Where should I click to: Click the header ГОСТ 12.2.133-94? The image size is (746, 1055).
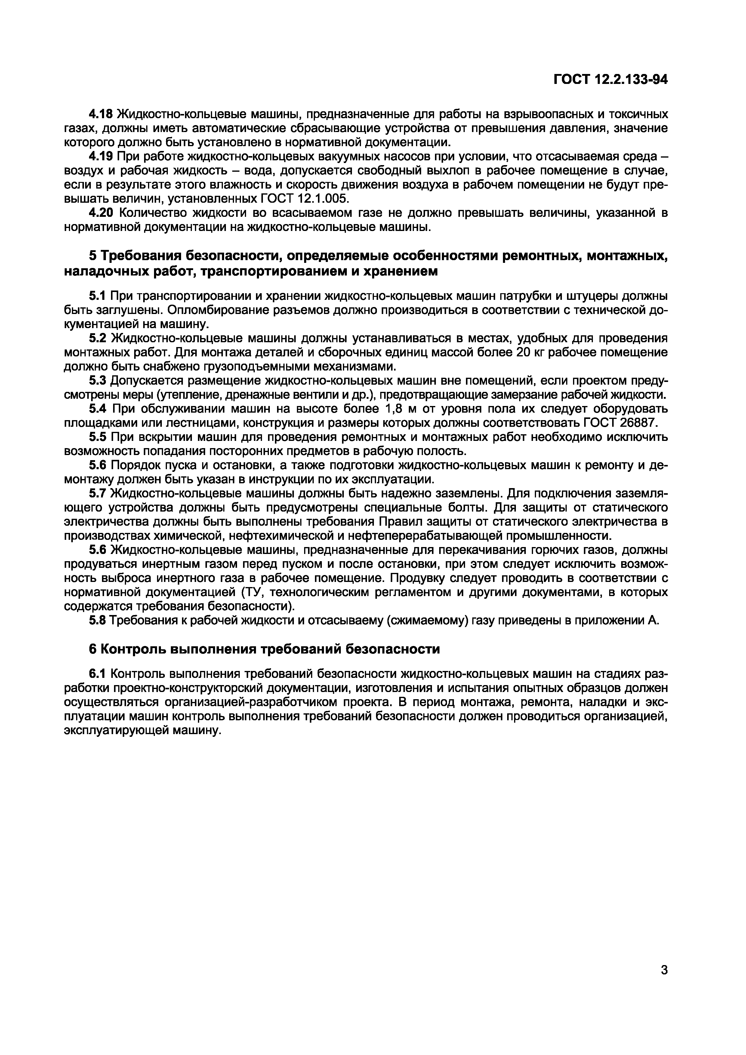coord(610,80)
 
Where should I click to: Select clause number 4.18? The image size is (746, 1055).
coord(102,113)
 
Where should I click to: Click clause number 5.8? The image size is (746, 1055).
coord(97,620)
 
